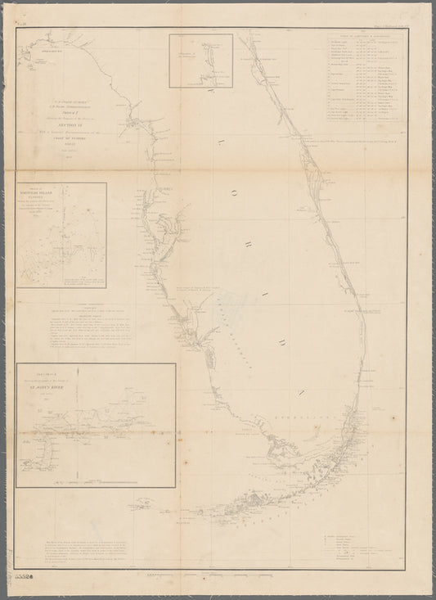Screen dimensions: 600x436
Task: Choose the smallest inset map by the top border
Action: tap(201, 59)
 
